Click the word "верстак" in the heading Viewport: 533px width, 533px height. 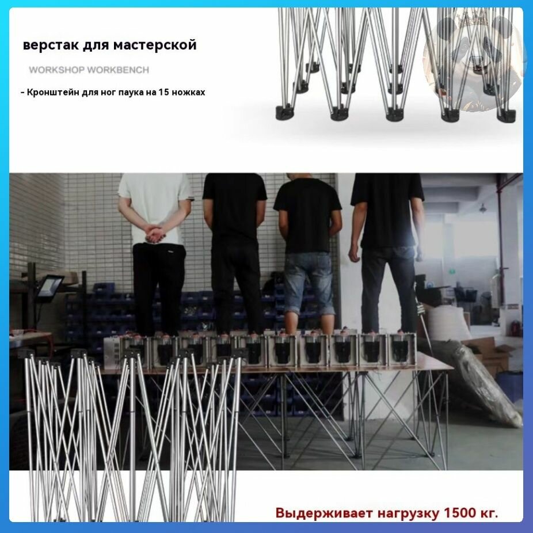click(x=51, y=45)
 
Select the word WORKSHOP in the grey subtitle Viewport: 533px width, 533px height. click(x=56, y=70)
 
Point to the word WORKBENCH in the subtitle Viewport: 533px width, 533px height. click(x=119, y=70)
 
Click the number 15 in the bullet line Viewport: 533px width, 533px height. click(x=163, y=92)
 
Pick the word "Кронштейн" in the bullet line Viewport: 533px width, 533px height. click(x=53, y=93)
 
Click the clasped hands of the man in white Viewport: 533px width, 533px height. click(x=155, y=234)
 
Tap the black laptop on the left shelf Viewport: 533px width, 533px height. click(x=50, y=286)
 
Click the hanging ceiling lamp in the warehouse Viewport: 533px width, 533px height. click(x=482, y=207)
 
